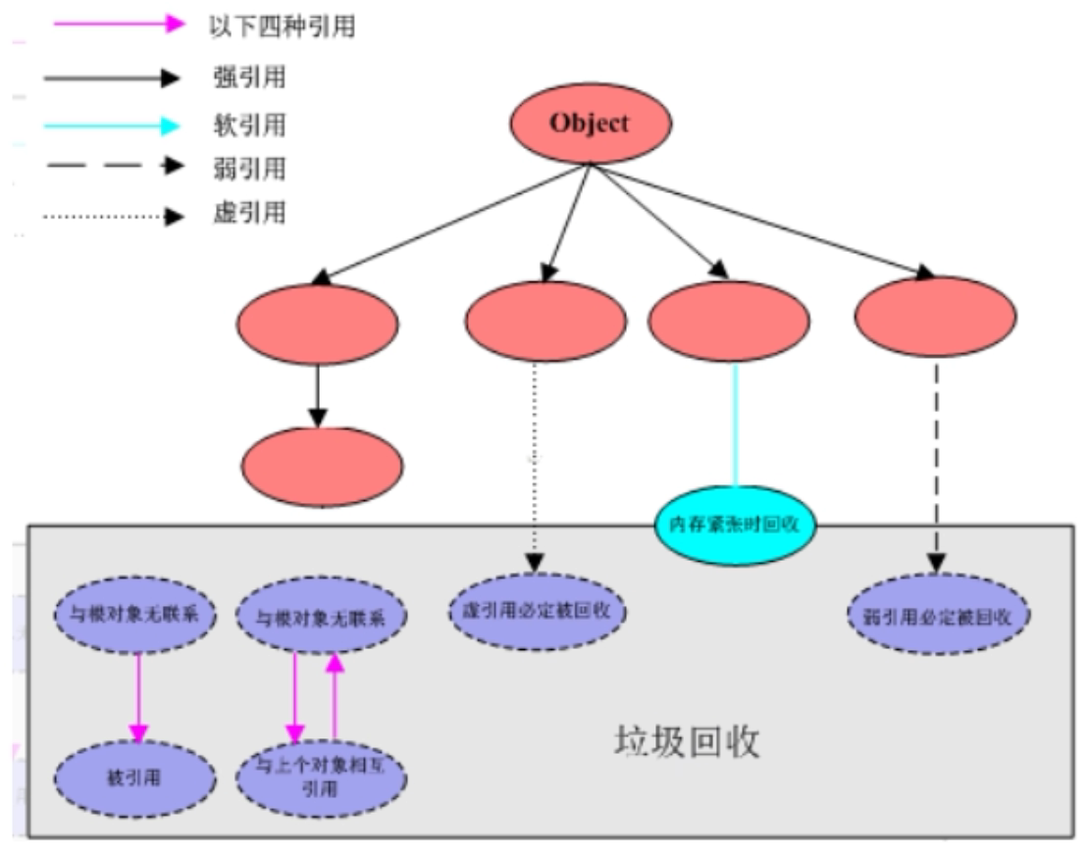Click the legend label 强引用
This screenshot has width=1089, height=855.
(248, 76)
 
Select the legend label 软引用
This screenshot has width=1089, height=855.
(248, 125)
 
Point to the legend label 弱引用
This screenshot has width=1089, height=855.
(248, 168)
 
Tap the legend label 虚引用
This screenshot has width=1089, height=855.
(248, 213)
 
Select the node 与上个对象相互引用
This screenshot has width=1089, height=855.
(322, 780)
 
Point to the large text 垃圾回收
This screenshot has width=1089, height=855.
(687, 742)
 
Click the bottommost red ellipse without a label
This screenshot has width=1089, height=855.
(322, 466)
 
